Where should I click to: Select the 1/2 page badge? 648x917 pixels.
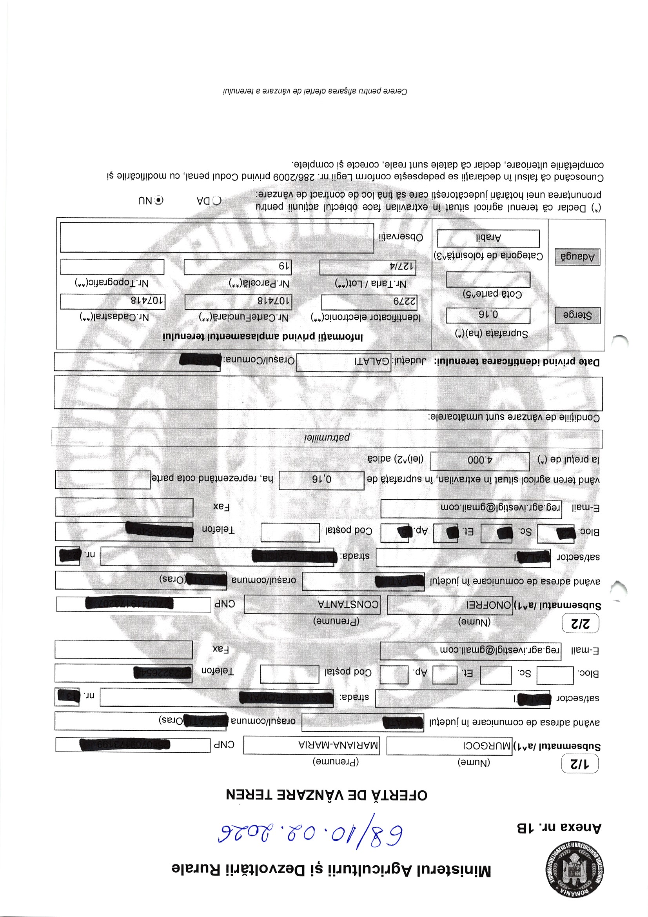(580, 764)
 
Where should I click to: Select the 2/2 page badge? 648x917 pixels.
(580, 624)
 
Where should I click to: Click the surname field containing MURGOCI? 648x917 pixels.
(449, 746)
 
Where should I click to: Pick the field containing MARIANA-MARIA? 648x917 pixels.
(311, 745)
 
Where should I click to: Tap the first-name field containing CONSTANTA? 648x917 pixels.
(311, 604)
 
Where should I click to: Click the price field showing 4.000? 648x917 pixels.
(480, 460)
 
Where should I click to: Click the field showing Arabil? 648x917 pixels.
(488, 238)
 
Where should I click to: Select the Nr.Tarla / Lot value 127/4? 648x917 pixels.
(367, 266)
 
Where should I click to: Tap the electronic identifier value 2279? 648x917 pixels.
(369, 302)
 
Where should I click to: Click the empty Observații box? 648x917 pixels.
(217, 238)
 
